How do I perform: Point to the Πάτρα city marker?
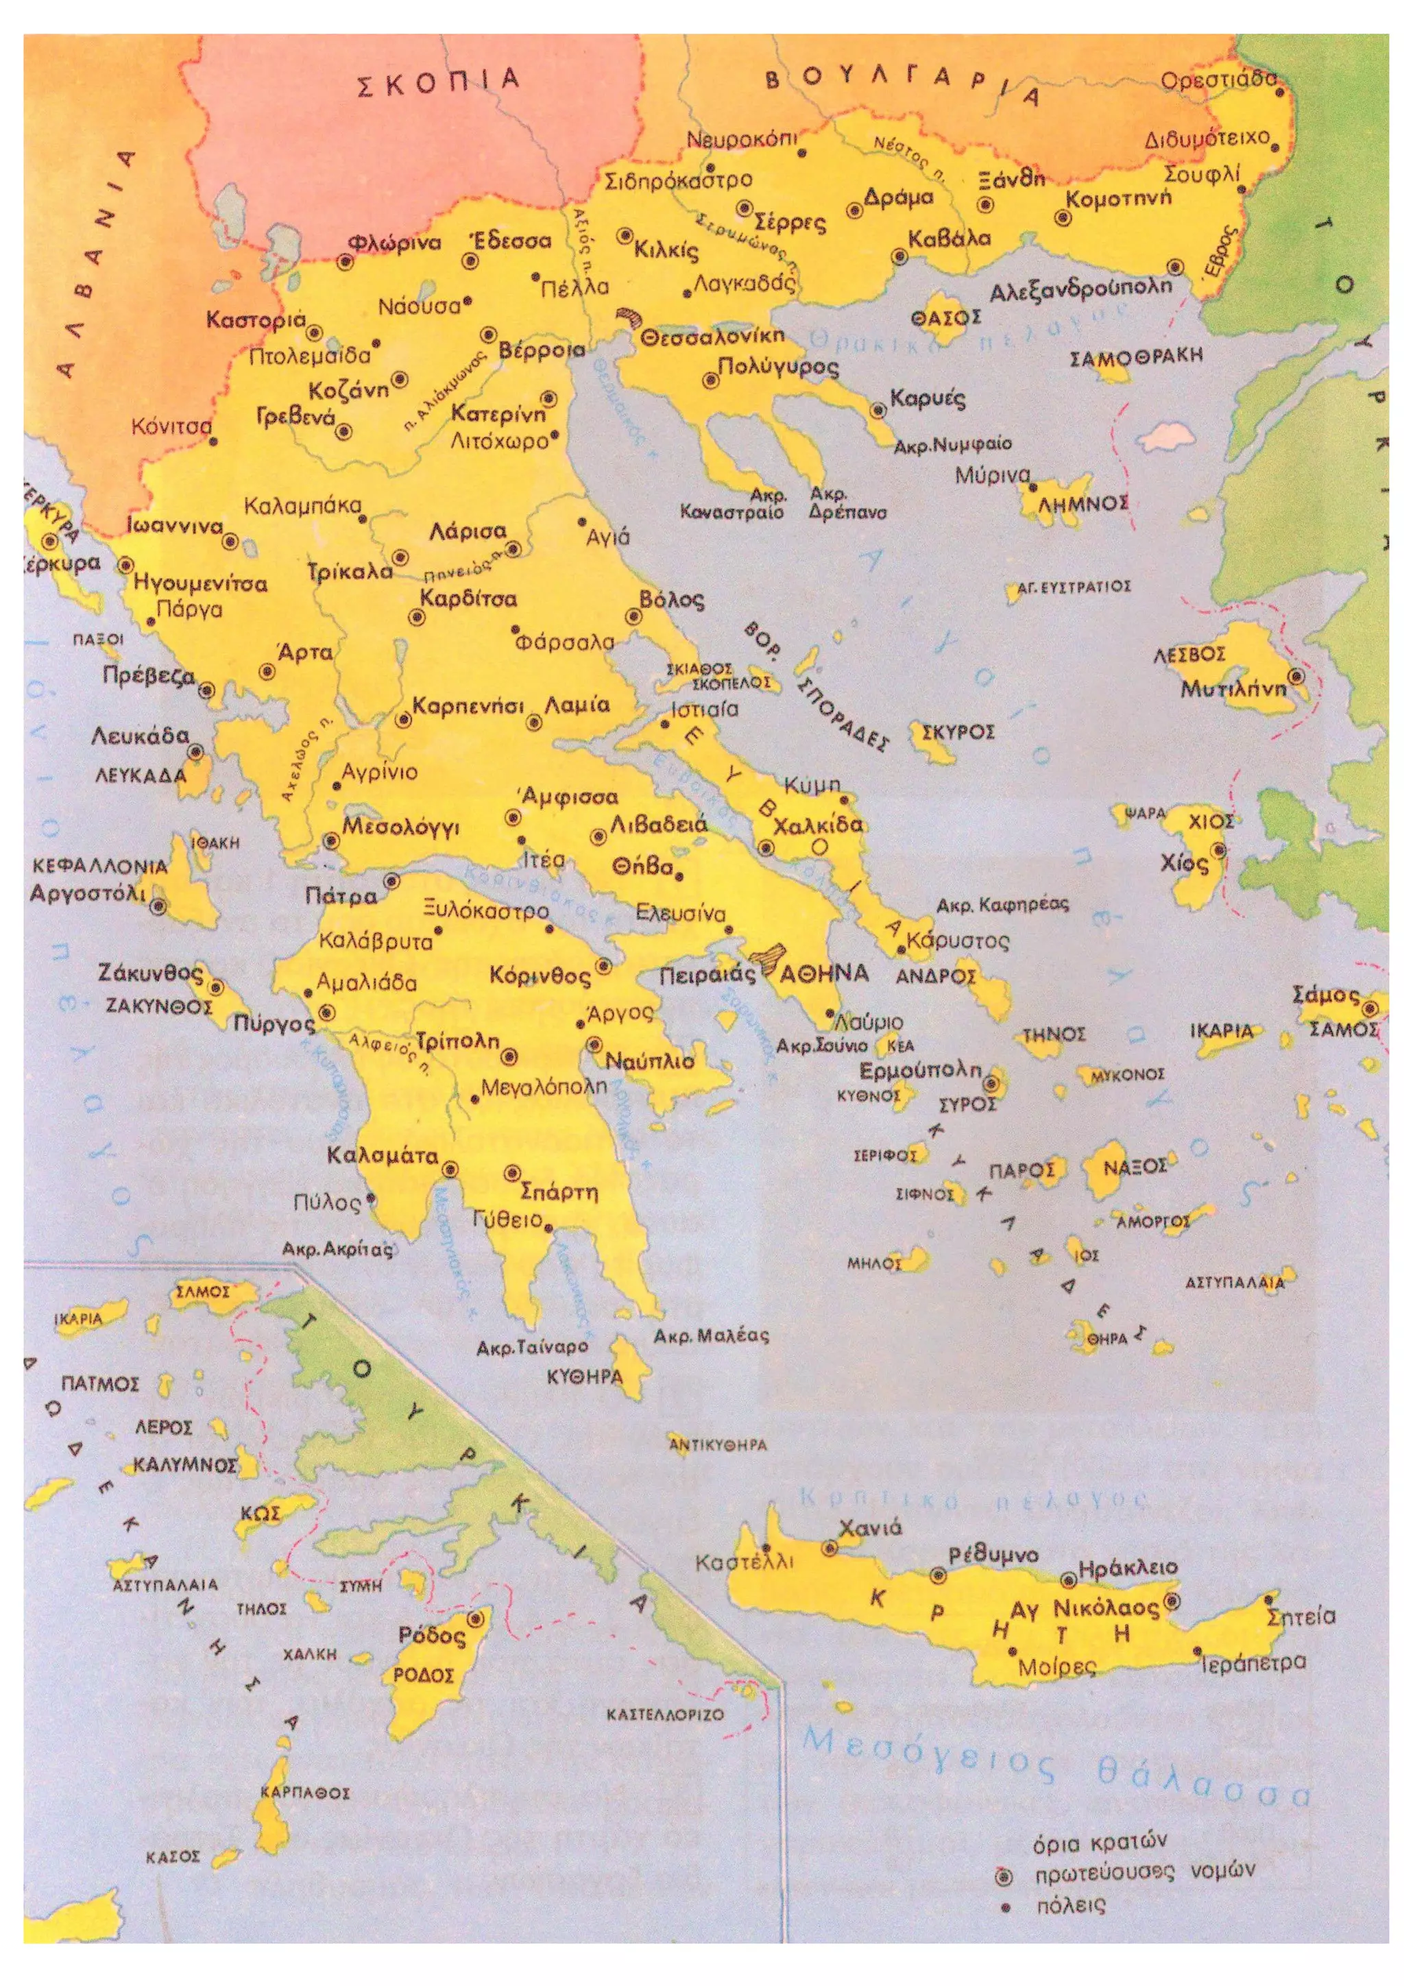pyautogui.click(x=391, y=880)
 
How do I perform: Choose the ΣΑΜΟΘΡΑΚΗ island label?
pyautogui.click(x=1136, y=356)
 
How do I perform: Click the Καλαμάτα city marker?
pyautogui.click(x=449, y=1170)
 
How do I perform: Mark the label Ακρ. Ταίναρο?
pyautogui.click(x=532, y=1348)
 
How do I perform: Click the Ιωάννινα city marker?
pyautogui.click(x=230, y=542)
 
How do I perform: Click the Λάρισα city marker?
pyautogui.click(x=514, y=549)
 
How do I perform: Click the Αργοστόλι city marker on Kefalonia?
pyautogui.click(x=158, y=906)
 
